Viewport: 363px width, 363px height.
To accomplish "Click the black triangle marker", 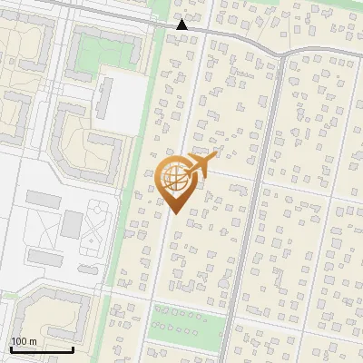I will pyautogui.click(x=182, y=25).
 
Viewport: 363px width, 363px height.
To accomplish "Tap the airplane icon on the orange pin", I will pyautogui.click(x=202, y=164).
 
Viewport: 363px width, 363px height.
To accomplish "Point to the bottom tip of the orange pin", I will pyautogui.click(x=174, y=213).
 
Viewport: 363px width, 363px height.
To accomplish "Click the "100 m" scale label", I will pyautogui.click(x=24, y=341).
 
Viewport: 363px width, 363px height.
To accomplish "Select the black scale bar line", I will pyautogui.click(x=42, y=349).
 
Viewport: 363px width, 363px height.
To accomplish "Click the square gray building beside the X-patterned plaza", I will pyautogui.click(x=72, y=223).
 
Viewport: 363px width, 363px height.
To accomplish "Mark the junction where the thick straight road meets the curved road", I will pyautogui.click(x=282, y=54).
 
